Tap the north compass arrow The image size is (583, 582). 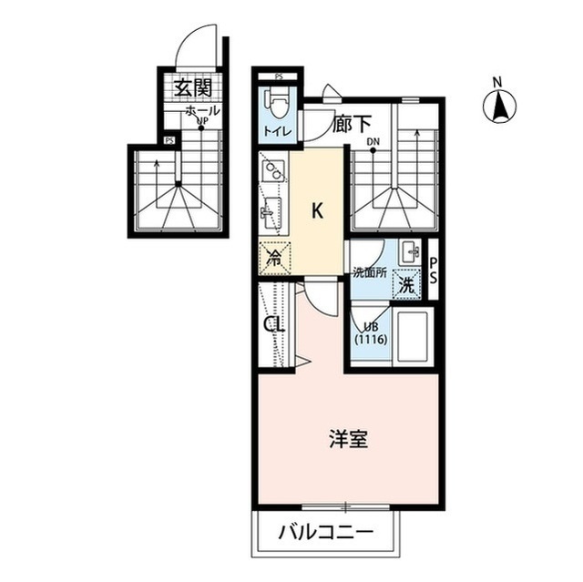tap(499, 107)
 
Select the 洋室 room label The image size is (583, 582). tap(348, 439)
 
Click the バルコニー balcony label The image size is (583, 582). tap(325, 532)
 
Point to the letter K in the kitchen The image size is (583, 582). tap(317, 211)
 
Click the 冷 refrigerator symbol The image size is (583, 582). tap(273, 259)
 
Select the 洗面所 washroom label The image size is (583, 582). tap(370, 272)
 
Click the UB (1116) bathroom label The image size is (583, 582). tap(371, 332)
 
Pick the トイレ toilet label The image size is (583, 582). tap(277, 132)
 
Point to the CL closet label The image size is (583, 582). tap(272, 323)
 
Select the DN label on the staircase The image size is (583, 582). tap(373, 142)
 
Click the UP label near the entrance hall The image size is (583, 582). tap(201, 120)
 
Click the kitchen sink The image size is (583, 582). tap(270, 216)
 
